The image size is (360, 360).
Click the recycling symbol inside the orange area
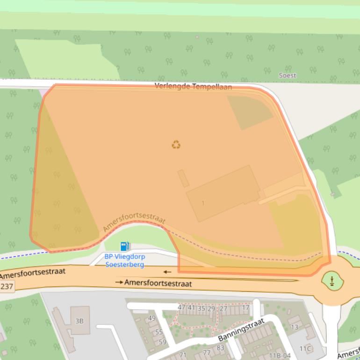[x=176, y=144]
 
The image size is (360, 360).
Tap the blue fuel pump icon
[x=125, y=246]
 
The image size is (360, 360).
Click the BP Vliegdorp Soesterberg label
[x=124, y=260]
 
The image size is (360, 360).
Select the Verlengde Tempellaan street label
[x=193, y=86]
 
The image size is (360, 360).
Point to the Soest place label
[x=287, y=75]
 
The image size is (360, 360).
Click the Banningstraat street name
[x=241, y=330]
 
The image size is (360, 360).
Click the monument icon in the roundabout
[x=332, y=281]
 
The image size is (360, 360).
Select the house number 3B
[x=79, y=321]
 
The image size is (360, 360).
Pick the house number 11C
[x=305, y=348]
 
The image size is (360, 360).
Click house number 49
[x=151, y=318]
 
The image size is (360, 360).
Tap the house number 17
[x=245, y=308]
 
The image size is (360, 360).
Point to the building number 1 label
[x=203, y=203]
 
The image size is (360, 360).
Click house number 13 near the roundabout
[x=295, y=327]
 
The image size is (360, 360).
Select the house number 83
[x=220, y=348]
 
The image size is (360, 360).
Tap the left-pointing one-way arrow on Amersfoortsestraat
[x=167, y=272]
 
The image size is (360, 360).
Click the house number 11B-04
[x=280, y=356]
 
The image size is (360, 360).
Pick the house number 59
[x=162, y=342]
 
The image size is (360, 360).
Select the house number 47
[x=181, y=308]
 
